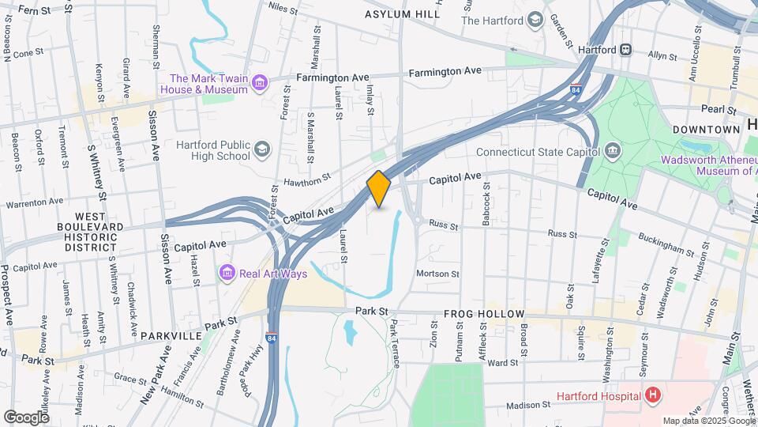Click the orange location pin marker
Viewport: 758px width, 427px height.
[x=379, y=189]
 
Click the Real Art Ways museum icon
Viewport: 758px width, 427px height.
[x=227, y=273]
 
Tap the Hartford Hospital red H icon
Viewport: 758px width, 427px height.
[x=652, y=395]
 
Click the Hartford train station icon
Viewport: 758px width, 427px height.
[x=626, y=49]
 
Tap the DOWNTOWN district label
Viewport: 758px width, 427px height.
[x=706, y=129]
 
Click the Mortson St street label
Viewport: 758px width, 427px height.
[x=438, y=274]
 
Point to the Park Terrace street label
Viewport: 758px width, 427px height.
[x=395, y=342]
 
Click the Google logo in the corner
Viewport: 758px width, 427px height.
[x=26, y=417]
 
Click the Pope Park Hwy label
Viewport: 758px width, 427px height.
[x=251, y=378]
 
